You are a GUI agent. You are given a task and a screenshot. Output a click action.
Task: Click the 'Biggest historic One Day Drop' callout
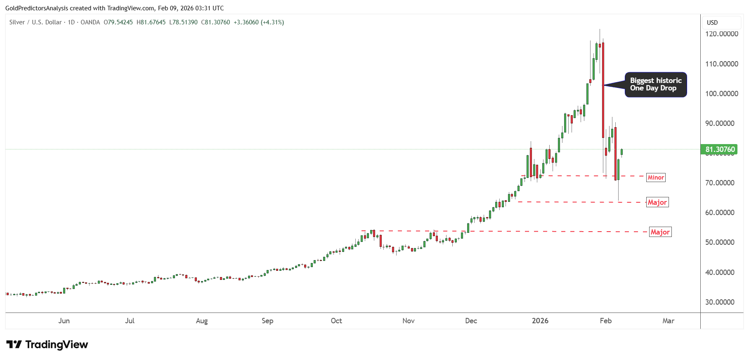point(655,85)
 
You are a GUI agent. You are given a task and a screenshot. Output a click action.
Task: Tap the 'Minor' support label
point(656,178)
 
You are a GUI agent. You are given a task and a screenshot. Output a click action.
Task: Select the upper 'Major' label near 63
point(657,202)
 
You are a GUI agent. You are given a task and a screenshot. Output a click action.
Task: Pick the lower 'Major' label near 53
point(660,232)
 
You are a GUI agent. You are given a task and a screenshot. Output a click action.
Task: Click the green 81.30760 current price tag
point(720,149)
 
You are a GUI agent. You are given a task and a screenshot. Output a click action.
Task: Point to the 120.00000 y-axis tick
point(721,34)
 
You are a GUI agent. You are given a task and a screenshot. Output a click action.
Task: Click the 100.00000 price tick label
point(721,94)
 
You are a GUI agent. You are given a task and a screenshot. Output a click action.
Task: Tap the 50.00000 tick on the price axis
point(720,242)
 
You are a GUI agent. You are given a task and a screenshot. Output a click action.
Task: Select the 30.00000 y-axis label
point(720,302)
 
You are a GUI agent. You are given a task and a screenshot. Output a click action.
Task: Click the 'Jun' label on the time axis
point(64,321)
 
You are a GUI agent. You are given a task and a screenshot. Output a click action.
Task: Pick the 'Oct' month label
point(336,321)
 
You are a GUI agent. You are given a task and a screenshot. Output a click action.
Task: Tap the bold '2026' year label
point(540,321)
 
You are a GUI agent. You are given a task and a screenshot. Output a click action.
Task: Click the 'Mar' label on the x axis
point(668,321)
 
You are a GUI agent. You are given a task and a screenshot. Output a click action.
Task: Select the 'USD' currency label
point(712,23)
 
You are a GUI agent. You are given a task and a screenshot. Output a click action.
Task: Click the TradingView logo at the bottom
point(47,345)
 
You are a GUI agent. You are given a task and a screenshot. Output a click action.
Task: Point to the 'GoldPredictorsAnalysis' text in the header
point(36,8)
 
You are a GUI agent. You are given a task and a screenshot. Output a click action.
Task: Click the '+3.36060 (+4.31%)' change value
point(259,22)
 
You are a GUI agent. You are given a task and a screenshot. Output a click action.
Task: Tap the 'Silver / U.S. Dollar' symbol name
point(35,22)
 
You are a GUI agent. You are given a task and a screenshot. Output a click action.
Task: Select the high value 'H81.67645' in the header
point(151,22)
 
